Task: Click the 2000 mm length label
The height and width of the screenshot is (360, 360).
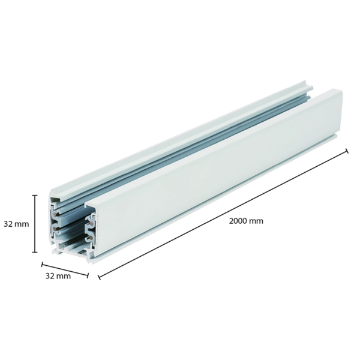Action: point(246,220)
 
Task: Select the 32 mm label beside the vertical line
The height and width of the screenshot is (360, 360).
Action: point(15,224)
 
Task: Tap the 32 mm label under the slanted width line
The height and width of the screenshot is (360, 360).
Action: point(58,276)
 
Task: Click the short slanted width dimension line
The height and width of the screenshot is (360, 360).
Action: point(65,269)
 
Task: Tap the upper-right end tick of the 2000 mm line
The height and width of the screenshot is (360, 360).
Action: point(347,151)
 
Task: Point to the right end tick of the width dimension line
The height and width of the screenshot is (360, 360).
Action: point(88,275)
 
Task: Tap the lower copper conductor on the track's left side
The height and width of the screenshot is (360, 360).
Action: point(55,228)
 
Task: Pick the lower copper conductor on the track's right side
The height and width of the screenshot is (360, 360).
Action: point(91,238)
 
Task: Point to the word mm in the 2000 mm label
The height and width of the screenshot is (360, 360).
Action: point(257,220)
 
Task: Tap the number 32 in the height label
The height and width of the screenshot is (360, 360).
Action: point(9,224)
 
